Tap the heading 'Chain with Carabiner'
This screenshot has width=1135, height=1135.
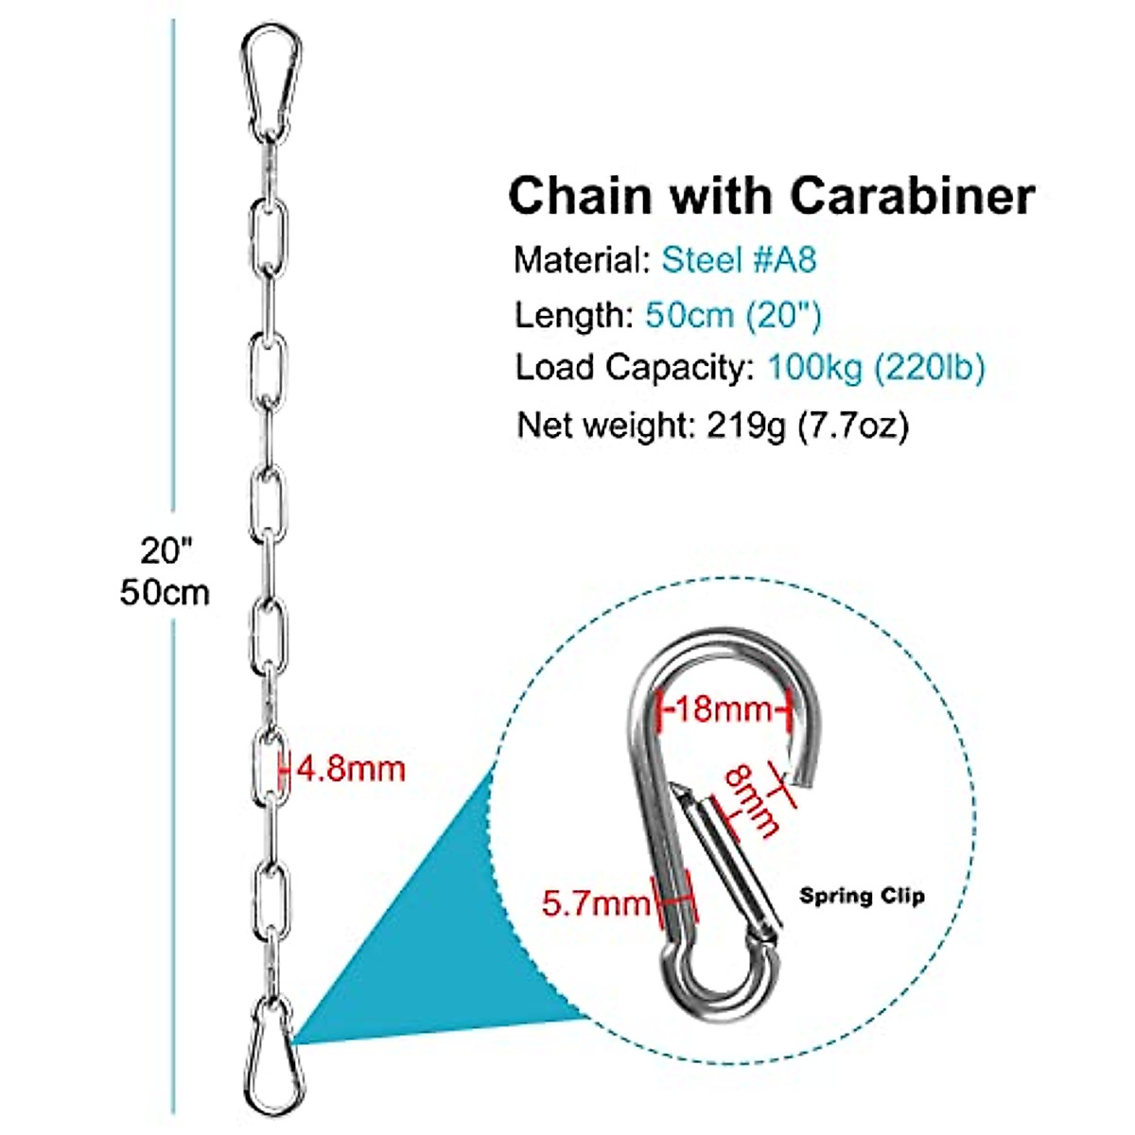click(x=771, y=197)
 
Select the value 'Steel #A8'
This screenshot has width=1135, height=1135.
click(x=738, y=259)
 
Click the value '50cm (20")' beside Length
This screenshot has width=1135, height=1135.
click(x=733, y=314)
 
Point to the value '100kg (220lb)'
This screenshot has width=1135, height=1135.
click(x=876, y=367)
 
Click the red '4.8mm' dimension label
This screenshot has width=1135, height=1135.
click(x=350, y=768)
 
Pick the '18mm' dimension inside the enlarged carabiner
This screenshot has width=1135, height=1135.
click(x=725, y=707)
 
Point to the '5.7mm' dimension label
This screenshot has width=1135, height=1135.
click(x=596, y=903)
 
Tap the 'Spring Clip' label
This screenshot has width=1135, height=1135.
click(x=862, y=895)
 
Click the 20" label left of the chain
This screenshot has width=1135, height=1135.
click(x=166, y=549)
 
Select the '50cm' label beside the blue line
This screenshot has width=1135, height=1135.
click(x=165, y=593)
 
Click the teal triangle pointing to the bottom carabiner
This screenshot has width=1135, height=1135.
click(x=426, y=946)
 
